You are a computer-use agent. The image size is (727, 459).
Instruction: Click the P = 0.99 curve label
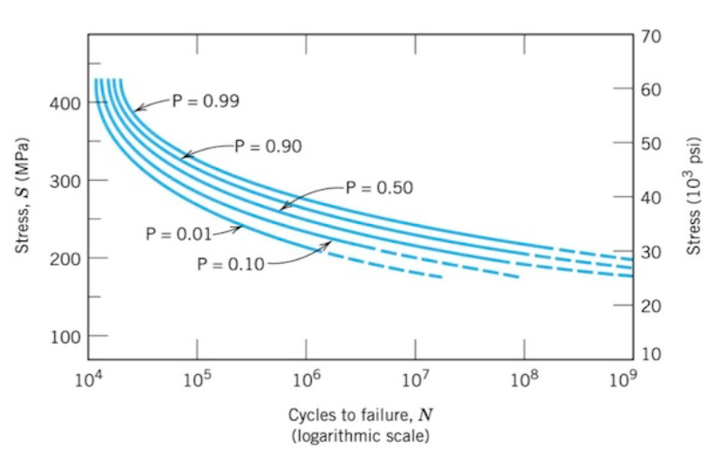(203, 101)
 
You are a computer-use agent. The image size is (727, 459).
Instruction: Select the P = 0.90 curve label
(268, 145)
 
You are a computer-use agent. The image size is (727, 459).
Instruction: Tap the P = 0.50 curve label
(379, 188)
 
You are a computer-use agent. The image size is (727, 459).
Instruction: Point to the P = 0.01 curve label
(178, 234)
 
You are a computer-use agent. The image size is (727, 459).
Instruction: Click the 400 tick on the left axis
(69, 104)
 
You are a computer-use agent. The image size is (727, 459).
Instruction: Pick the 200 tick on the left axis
(69, 259)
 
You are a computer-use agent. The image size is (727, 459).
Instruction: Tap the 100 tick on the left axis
(69, 337)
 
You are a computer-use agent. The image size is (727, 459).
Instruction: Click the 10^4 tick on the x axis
(88, 379)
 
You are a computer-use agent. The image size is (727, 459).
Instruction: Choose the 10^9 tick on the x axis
(620, 379)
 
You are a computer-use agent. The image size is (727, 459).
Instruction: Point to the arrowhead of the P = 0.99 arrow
(137, 109)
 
